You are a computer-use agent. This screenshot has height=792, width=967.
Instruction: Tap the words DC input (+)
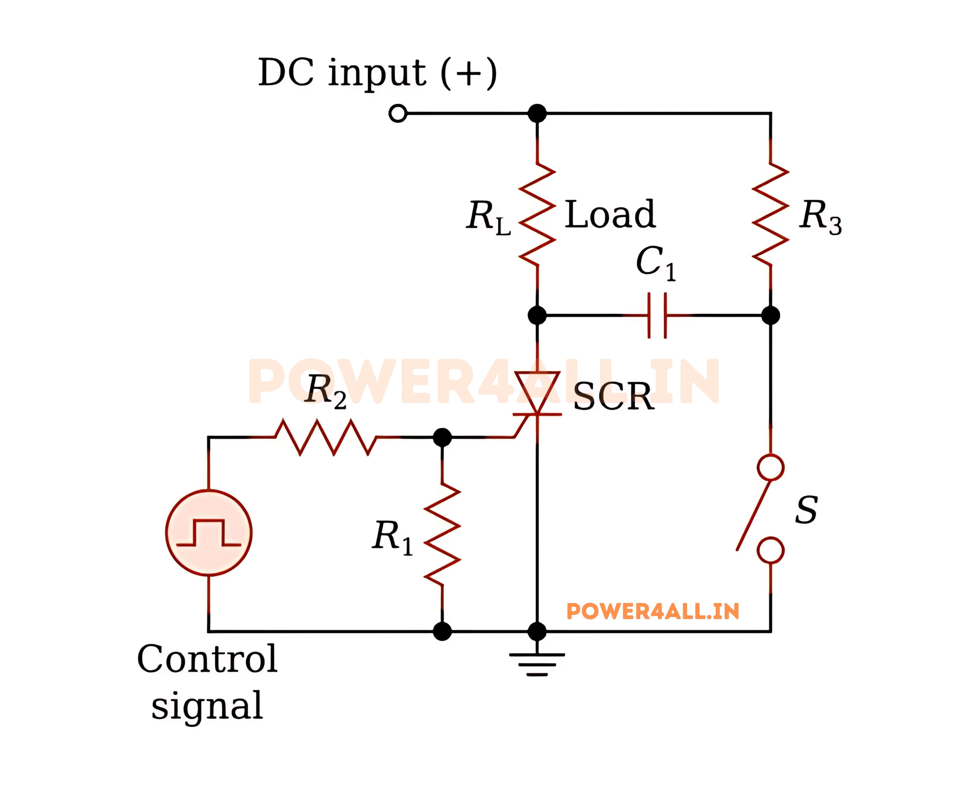(x=377, y=73)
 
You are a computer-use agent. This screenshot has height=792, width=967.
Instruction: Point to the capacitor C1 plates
(x=657, y=315)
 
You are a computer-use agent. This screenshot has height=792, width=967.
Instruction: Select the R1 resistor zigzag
(x=442, y=534)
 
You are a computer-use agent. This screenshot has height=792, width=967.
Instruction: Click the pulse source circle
(x=209, y=533)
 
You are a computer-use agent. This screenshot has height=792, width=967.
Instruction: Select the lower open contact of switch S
(x=770, y=550)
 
